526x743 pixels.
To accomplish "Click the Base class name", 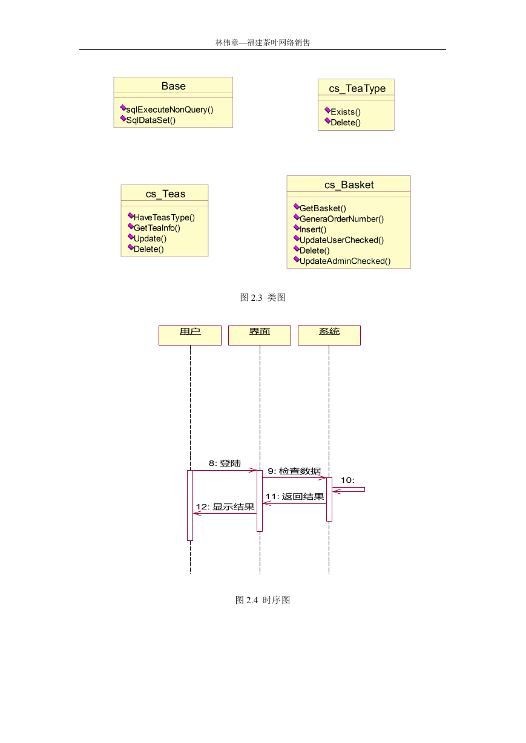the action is pos(173,86).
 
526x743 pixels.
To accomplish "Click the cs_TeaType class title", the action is pos(357,88).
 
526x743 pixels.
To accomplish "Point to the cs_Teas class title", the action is pos(165,194).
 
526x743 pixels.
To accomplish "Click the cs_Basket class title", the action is pos(349,185).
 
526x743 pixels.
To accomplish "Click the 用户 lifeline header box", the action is pos(190,335).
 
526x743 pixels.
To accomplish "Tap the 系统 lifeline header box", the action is pos(329,335).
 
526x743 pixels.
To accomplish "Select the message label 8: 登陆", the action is pos(225,463).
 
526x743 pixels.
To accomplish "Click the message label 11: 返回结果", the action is pos(295,497).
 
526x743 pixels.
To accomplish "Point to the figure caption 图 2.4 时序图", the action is pos(263,600).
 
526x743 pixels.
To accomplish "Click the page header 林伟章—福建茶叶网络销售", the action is pos(263,42).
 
